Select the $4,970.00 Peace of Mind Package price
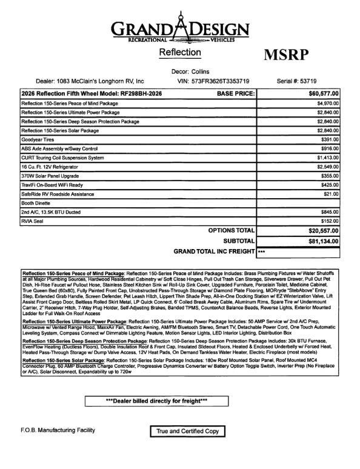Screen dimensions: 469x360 pos(325,104)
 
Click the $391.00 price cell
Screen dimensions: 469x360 pos(328,139)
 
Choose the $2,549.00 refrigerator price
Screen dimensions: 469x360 pos(325,165)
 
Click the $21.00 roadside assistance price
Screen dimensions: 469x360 pos(330,194)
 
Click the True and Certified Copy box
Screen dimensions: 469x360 pos(187,431)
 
